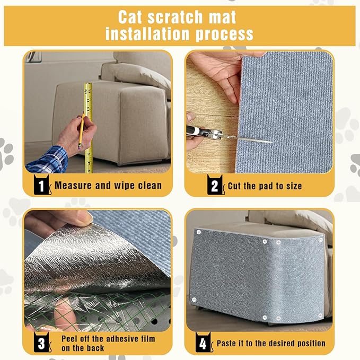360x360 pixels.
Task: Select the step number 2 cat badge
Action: click(x=215, y=185)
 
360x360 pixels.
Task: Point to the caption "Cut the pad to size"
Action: click(x=265, y=186)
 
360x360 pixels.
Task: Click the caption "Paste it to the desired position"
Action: click(x=271, y=344)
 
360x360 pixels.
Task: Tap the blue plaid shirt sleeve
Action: click(x=47, y=160)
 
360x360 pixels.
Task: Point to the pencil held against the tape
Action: click(x=82, y=127)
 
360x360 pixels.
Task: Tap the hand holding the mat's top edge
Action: click(x=217, y=69)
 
